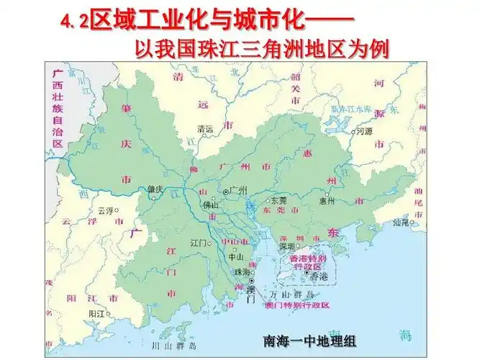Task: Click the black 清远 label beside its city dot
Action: click(205, 129)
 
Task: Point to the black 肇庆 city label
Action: click(156, 190)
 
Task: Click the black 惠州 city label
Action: click(327, 201)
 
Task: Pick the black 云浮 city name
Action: click(105, 211)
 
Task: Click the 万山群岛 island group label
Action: click(291, 295)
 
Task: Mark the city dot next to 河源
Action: click(352, 132)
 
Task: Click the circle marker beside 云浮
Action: click(118, 211)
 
